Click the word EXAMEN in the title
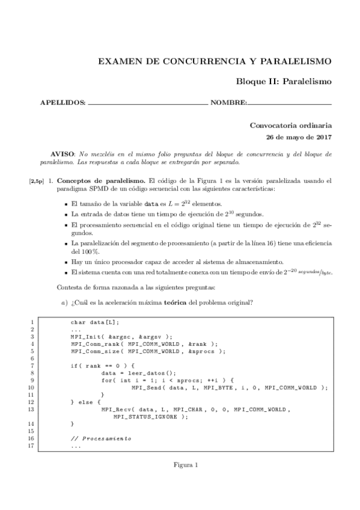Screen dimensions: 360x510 click(x=120, y=61)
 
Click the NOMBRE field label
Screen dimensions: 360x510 click(x=228, y=103)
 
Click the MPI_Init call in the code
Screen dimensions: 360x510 click(x=86, y=337)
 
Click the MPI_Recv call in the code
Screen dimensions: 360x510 click(x=117, y=409)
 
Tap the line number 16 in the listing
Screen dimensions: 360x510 click(x=31, y=438)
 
